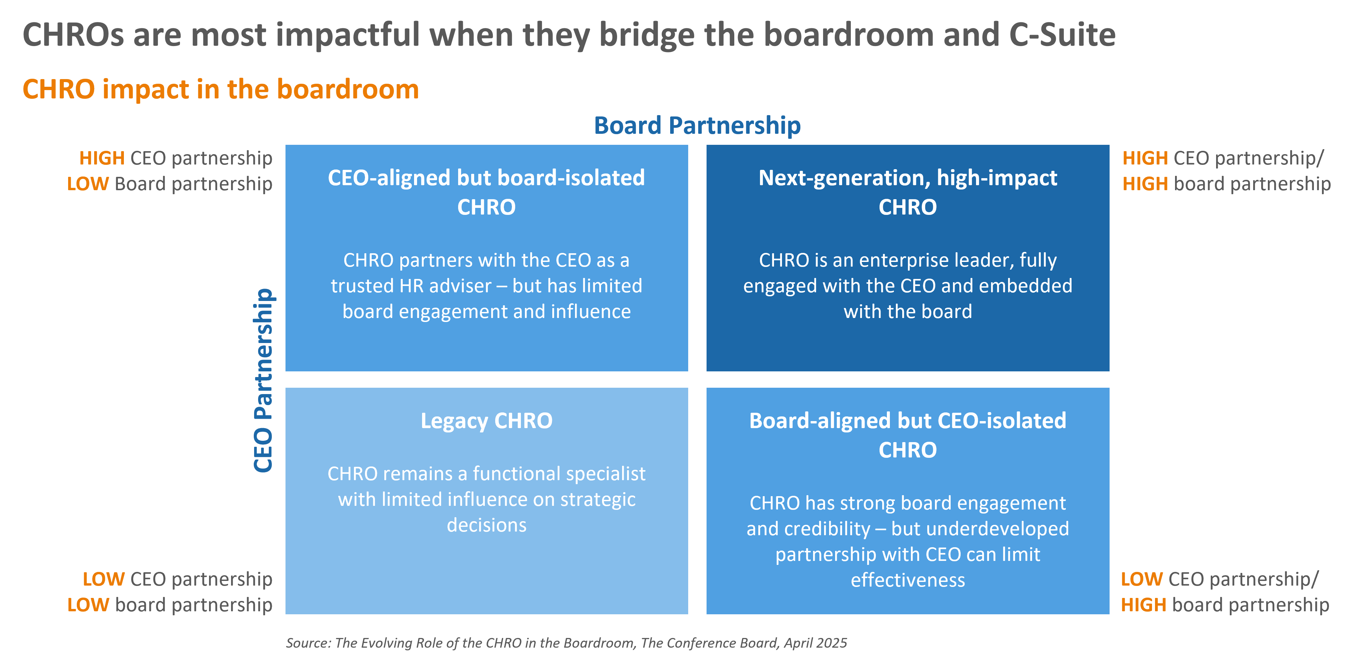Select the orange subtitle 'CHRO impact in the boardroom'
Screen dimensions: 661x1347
[221, 89]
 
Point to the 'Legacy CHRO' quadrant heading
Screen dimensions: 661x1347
[486, 421]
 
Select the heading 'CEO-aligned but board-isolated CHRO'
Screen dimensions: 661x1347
[486, 192]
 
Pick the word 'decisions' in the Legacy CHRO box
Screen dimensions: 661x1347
[486, 525]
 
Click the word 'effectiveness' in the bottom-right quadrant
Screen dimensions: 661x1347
[908, 580]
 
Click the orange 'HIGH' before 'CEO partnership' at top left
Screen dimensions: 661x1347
[102, 159]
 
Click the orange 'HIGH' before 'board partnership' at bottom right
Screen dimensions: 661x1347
[1144, 606]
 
